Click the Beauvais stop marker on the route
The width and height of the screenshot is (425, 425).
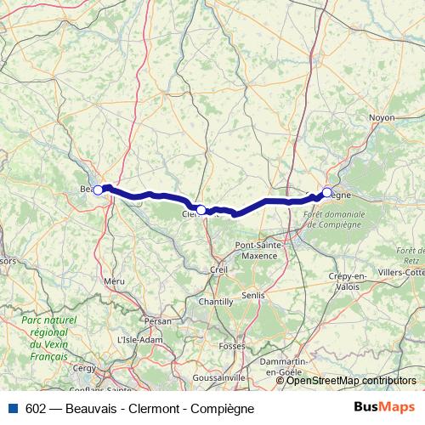pos(98,190)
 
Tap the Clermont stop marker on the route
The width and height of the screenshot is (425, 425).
pos(201,209)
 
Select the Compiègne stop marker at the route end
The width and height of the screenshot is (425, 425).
pos(326,192)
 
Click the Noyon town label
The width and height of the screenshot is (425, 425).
pos(382,117)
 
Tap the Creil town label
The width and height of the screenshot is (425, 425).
pos(219,269)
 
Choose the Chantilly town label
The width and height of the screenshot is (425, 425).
pos(215,302)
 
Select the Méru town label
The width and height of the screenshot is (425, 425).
pos(114,280)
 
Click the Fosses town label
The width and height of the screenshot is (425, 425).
pos(230,346)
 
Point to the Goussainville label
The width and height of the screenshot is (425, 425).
pos(219,375)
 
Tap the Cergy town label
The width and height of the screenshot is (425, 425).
pos(84,368)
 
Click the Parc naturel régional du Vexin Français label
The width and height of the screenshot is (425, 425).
pos(48,337)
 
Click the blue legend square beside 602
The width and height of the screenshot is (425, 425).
pos(13,408)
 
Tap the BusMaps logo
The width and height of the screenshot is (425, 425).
pos(384,407)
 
